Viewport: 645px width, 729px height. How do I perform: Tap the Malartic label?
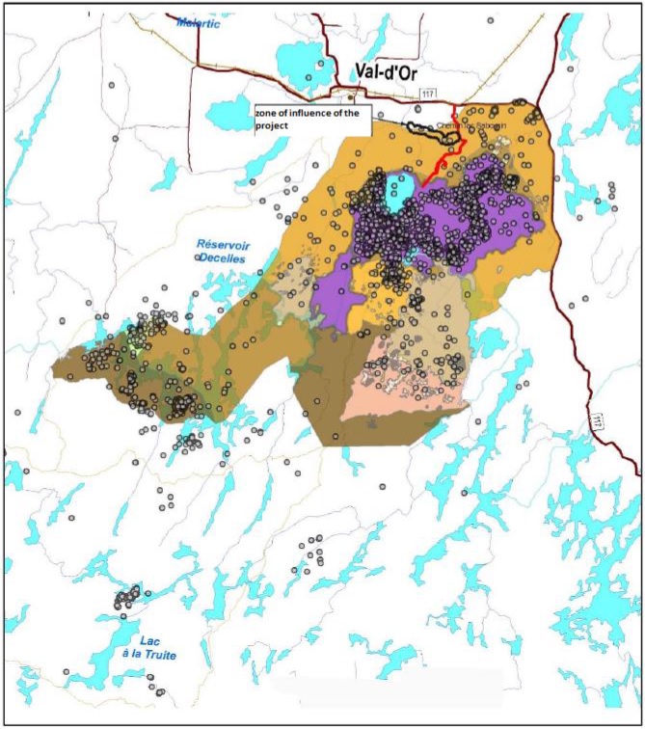[x=197, y=24]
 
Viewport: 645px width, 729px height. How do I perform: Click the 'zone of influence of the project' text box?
[x=311, y=120]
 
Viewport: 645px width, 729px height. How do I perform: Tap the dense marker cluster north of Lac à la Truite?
[x=126, y=599]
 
